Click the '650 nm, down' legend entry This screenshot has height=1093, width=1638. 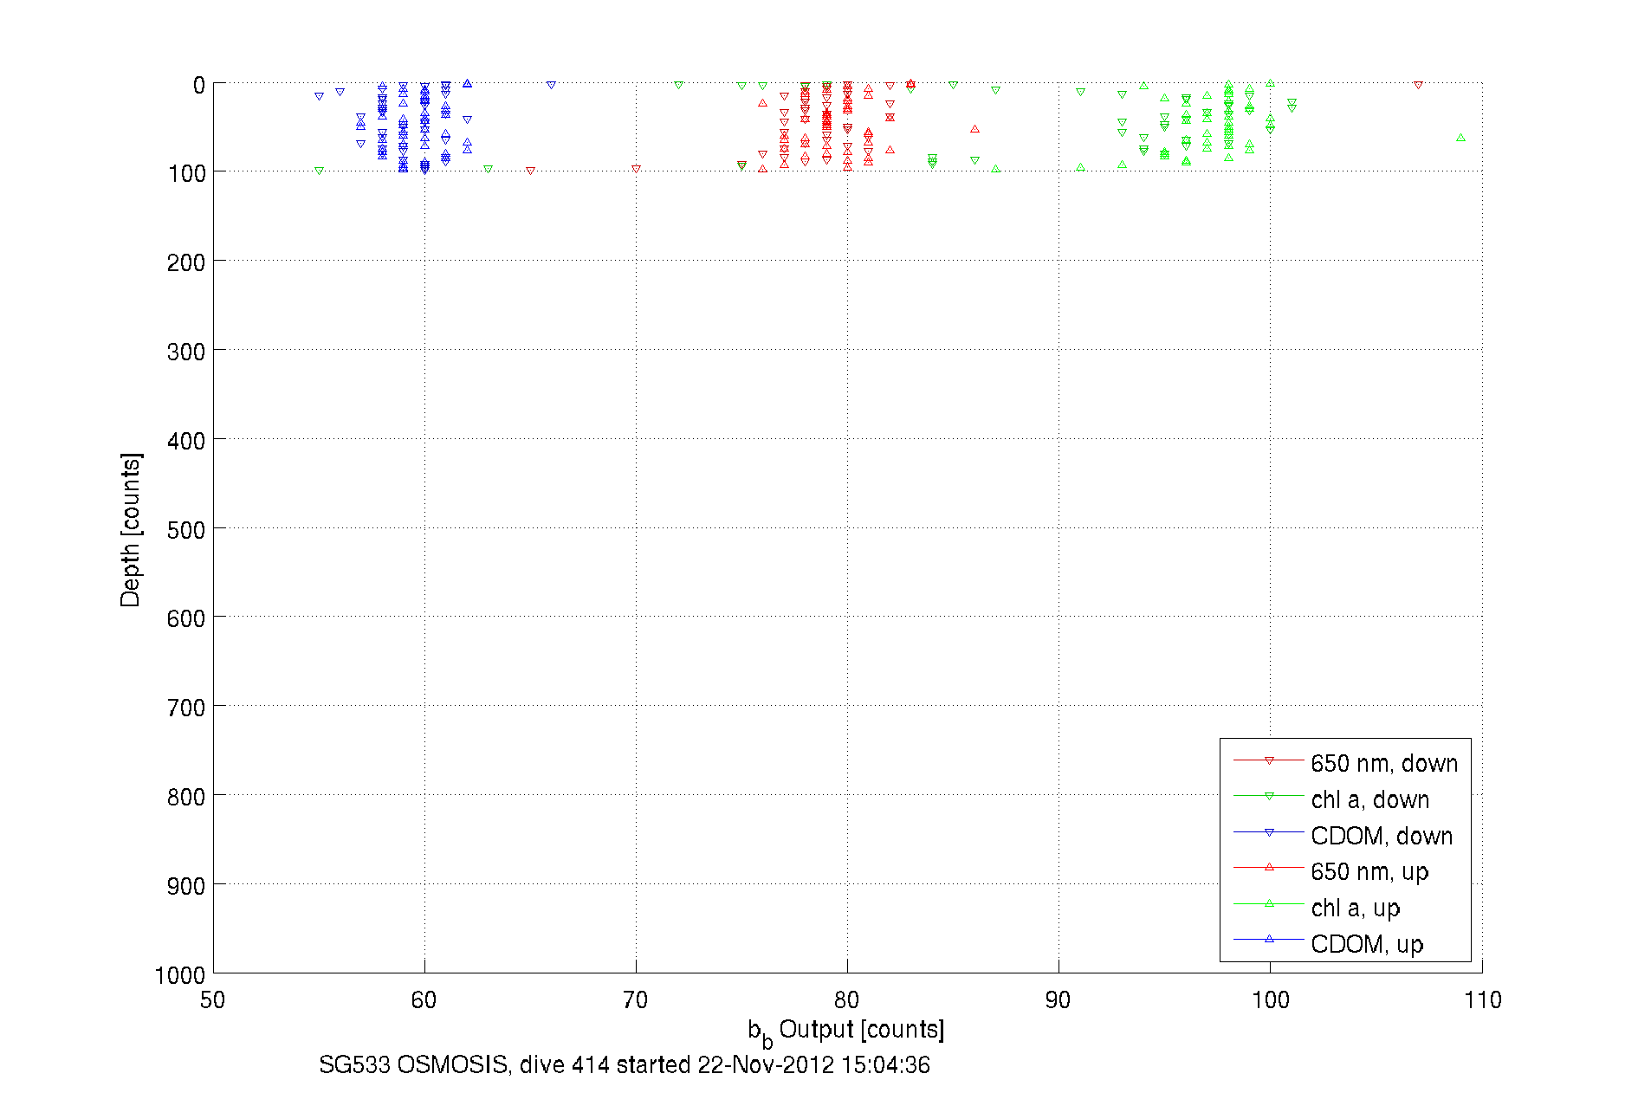tap(1383, 763)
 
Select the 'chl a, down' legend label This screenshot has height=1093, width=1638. tap(1369, 799)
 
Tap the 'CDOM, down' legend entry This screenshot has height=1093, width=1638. tap(1381, 836)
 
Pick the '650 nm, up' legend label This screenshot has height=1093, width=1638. tap(1369, 871)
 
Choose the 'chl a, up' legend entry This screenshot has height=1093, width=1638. tap(1355, 908)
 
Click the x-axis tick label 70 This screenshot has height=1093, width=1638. tap(635, 1000)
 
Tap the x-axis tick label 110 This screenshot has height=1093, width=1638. tap(1482, 1000)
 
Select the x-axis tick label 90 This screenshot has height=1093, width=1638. tap(1058, 1000)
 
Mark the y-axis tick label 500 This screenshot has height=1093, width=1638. tap(185, 530)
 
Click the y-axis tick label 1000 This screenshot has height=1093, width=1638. tap(179, 975)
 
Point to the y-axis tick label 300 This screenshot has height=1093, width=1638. tap(185, 352)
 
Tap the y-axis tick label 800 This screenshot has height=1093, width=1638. tap(185, 797)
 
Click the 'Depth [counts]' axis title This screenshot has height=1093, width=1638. tap(130, 529)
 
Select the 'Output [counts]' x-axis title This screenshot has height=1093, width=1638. tap(860, 1029)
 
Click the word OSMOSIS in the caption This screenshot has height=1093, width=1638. tap(451, 1064)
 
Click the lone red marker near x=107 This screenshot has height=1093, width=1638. tap(1418, 85)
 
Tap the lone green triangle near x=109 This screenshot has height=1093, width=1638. tap(1460, 138)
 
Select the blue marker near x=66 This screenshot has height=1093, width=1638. tap(551, 85)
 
